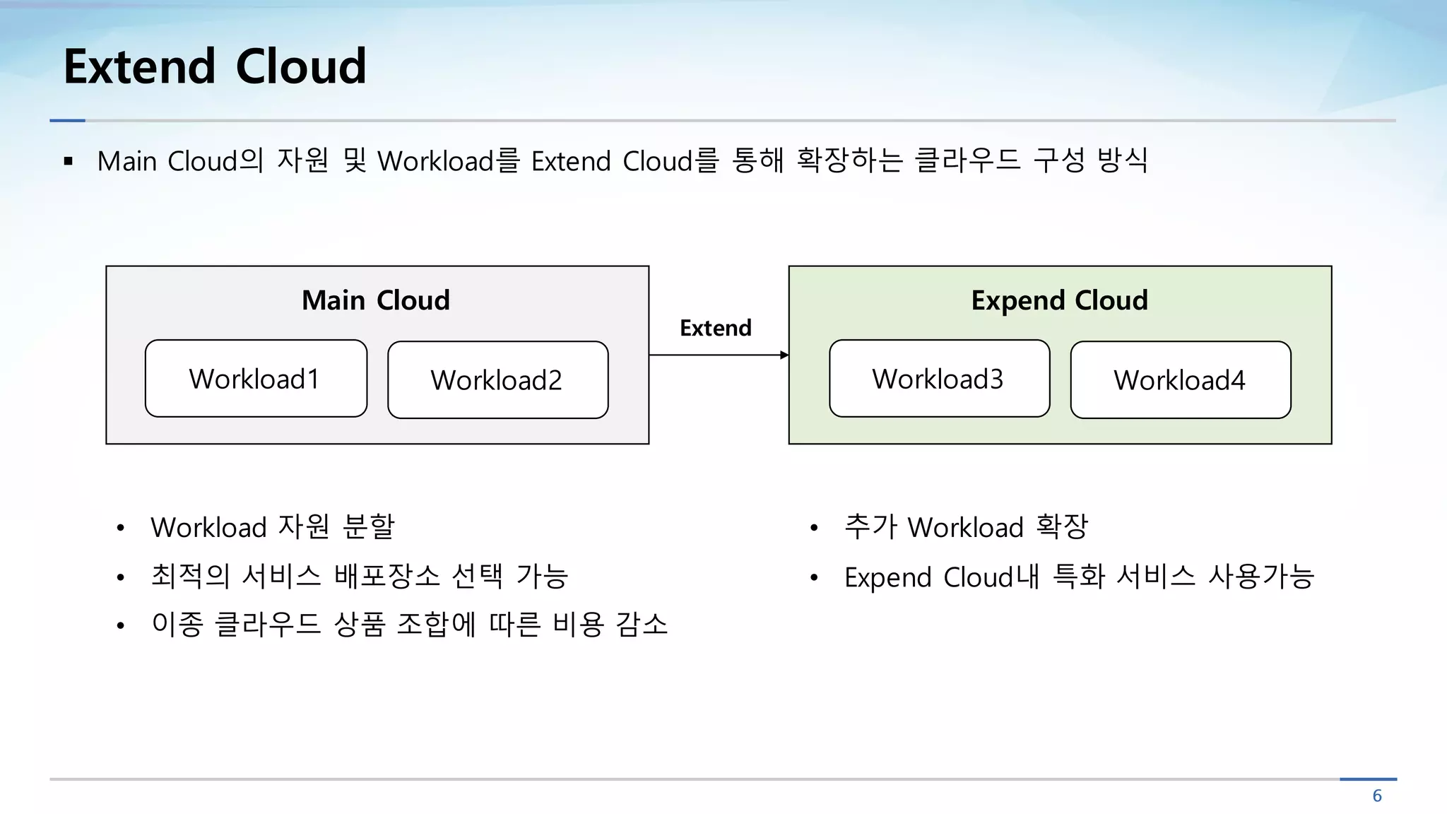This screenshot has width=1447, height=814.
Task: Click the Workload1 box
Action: [256, 379]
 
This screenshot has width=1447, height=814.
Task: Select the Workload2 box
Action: [497, 380]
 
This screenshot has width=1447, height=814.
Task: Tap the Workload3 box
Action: [939, 379]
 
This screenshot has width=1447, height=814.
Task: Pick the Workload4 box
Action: [1180, 380]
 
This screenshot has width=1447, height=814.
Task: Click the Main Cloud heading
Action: [375, 300]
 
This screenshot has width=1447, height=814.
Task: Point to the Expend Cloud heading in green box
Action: [1059, 300]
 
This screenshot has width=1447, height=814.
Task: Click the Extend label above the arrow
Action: [715, 328]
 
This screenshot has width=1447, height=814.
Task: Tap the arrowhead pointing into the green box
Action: [784, 355]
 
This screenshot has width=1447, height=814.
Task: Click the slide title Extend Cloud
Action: [215, 66]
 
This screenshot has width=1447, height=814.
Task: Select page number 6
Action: [1376, 796]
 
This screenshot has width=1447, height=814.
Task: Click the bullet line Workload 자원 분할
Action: [272, 527]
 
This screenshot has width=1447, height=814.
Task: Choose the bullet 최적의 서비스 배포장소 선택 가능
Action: [359, 576]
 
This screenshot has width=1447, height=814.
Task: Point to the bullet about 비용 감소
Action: [409, 625]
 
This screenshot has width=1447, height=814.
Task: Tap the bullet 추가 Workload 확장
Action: [965, 527]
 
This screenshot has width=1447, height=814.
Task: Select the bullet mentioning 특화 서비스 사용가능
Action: [1078, 577]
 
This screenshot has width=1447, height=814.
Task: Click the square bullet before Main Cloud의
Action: [69, 162]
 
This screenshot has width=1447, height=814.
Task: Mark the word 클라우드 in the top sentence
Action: [967, 160]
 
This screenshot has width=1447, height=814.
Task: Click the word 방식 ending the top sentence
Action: [1122, 160]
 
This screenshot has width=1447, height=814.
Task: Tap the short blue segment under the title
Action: [67, 121]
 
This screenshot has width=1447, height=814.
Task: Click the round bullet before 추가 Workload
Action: [814, 528]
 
